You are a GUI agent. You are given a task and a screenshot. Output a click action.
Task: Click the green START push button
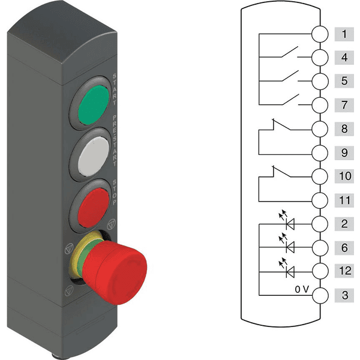point(94,104)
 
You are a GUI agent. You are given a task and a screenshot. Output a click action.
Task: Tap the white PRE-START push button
point(94,156)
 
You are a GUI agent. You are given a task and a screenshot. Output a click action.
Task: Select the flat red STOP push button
point(94,208)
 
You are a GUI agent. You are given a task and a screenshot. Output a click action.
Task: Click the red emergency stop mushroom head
point(115,272)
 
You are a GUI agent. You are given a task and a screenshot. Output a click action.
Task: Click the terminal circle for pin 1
point(320,34)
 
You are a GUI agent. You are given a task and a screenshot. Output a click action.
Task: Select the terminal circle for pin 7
point(320,105)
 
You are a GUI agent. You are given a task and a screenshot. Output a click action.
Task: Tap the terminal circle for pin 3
point(320,295)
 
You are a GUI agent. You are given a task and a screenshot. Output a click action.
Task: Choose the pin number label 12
point(345,271)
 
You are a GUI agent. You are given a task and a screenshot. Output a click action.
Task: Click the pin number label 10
point(345,176)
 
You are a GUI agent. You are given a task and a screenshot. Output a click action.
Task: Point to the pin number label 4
point(344,58)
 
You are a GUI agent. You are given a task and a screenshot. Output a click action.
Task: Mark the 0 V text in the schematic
point(302,289)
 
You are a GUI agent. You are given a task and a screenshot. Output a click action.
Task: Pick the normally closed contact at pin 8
point(281,125)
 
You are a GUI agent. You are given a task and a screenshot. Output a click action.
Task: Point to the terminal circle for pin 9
point(320,153)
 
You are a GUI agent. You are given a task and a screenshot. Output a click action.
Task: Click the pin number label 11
point(345,200)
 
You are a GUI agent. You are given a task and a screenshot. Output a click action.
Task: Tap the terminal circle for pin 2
point(320,224)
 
